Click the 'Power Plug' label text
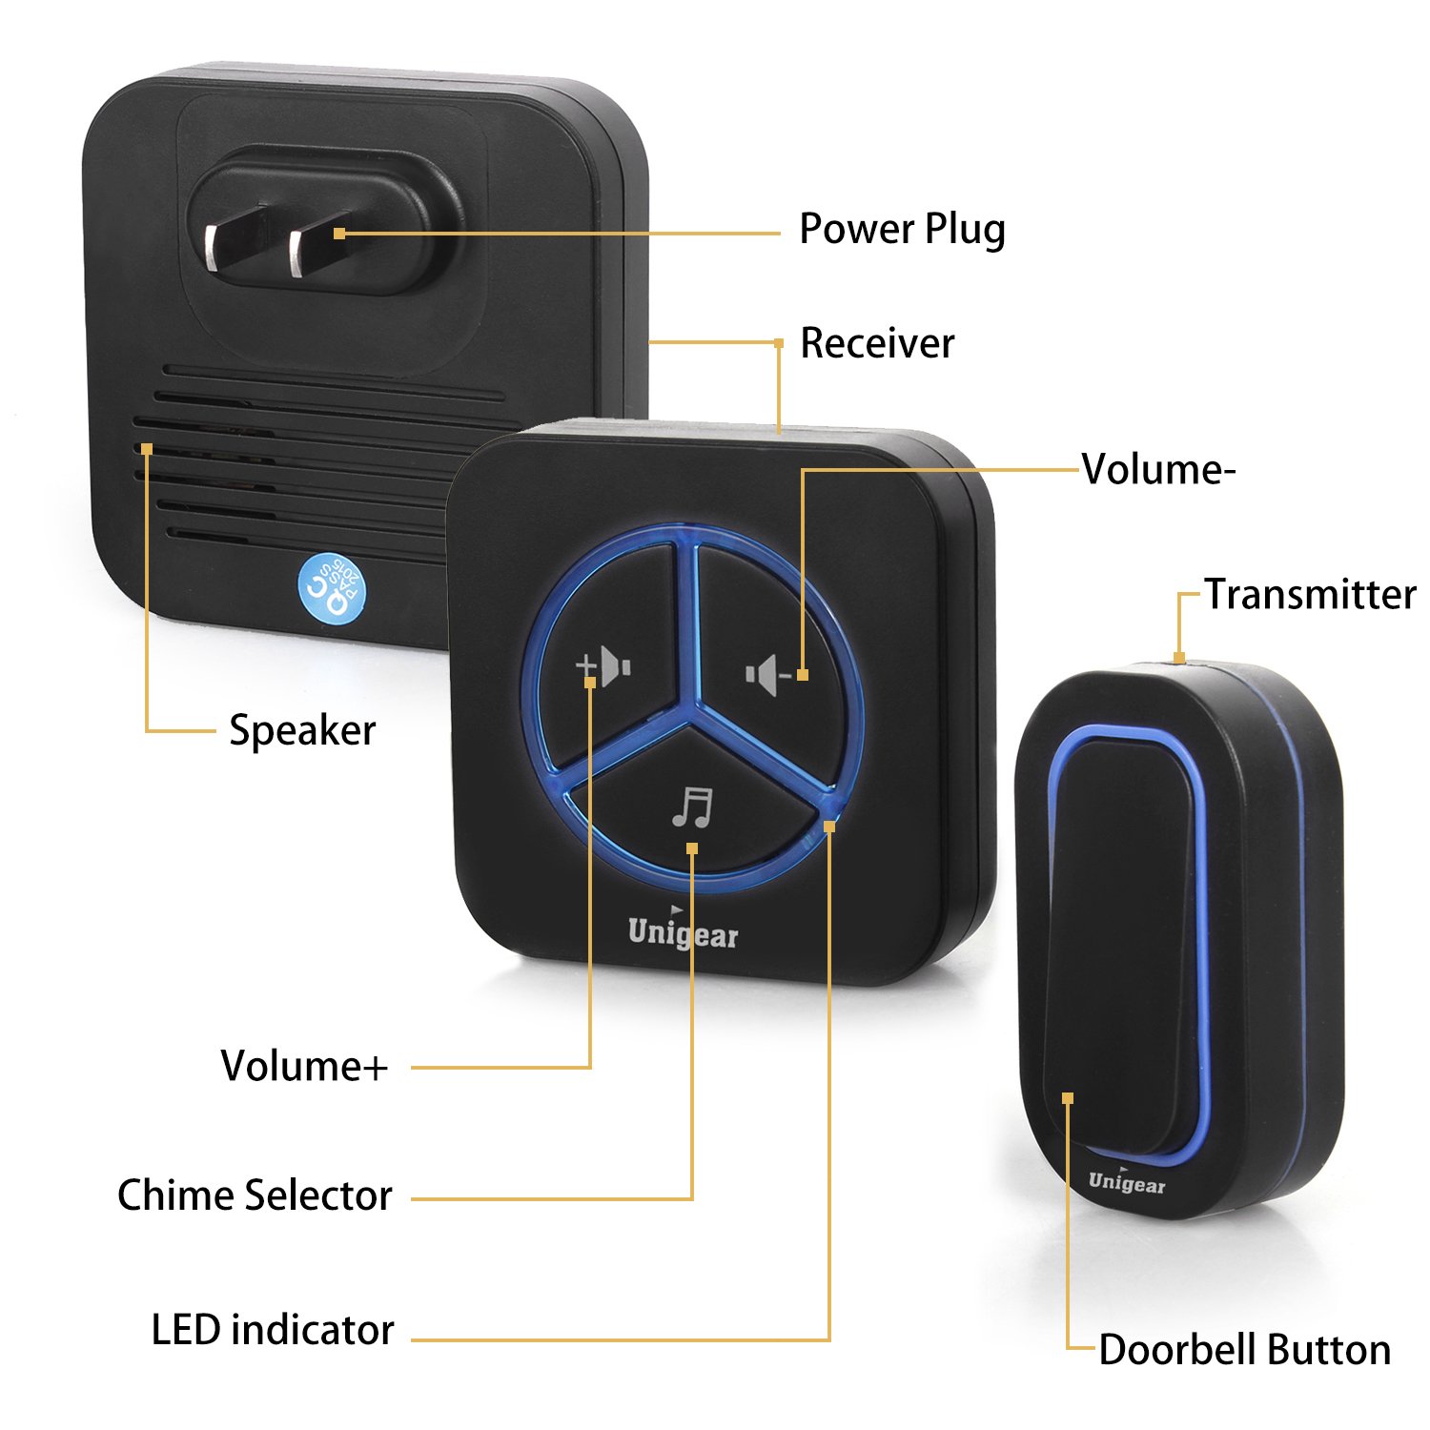tap(902, 230)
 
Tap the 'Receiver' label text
tap(876, 343)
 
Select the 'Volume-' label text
tap(1158, 469)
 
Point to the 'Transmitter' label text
tap(1310, 594)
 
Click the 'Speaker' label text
tap(302, 731)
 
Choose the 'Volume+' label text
tap(304, 1066)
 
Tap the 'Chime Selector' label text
tap(255, 1195)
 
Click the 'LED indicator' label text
tap(273, 1330)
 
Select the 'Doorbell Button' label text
tap(1244, 1350)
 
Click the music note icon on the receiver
tap(692, 807)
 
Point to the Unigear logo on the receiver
tap(683, 932)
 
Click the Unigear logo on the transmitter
tap(1127, 1182)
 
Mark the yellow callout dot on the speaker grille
tap(147, 448)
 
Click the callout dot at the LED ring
tap(829, 827)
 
